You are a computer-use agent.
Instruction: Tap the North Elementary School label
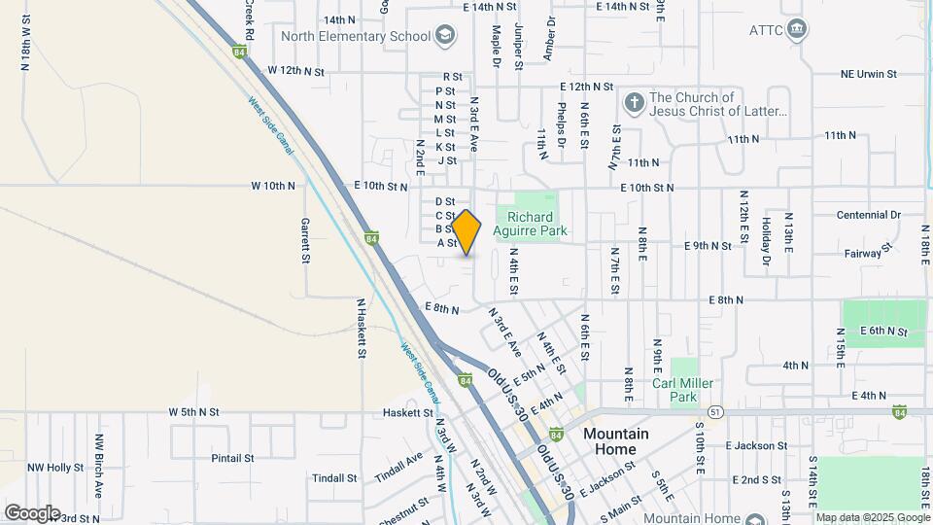click(356, 36)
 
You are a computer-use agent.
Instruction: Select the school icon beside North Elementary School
click(445, 36)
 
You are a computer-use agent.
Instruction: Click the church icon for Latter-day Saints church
click(634, 103)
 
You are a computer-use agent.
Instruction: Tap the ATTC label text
click(765, 29)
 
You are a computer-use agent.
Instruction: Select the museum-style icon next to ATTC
click(797, 29)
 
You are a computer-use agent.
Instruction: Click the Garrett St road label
click(304, 240)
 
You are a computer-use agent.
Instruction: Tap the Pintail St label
click(232, 457)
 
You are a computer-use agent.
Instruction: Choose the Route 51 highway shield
click(714, 411)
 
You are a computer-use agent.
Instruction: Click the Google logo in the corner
click(32, 512)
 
